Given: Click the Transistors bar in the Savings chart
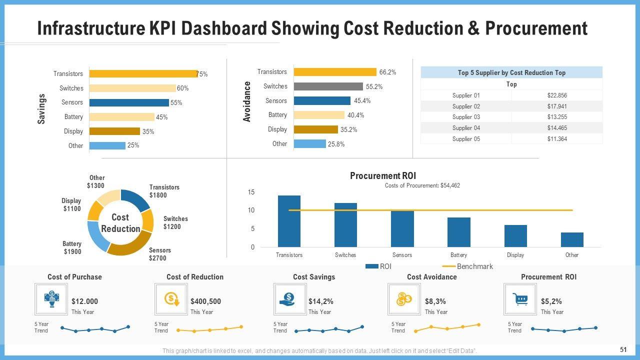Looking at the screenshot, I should pyautogui.click(x=143, y=73).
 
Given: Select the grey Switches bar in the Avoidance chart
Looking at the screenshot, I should pyautogui.click(x=328, y=86).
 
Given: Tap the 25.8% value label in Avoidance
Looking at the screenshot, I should pyautogui.click(x=336, y=144).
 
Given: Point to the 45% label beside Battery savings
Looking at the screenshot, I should pyautogui.click(x=161, y=117).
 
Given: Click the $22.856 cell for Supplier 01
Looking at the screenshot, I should pyautogui.click(x=557, y=95).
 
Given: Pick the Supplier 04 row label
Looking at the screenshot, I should pyautogui.click(x=466, y=128).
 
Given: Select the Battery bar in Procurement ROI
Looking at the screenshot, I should pyautogui.click(x=458, y=232).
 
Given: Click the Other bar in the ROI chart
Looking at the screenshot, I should pyautogui.click(x=572, y=239).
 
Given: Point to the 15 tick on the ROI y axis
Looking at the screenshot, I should pyautogui.click(x=251, y=192).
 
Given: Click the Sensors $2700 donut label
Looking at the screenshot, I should pyautogui.click(x=159, y=254).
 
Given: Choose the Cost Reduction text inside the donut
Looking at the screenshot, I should pyautogui.click(x=120, y=223).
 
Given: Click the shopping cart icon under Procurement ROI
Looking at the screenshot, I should pyautogui.click(x=520, y=299).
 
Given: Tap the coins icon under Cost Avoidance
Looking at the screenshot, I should pyautogui.click(x=404, y=299).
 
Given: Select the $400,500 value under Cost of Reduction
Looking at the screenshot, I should pyautogui.click(x=205, y=301).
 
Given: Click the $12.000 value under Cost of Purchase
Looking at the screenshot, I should pyautogui.click(x=84, y=301).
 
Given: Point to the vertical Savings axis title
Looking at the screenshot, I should pyautogui.click(x=41, y=109).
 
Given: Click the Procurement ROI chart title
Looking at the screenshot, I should pyautogui.click(x=383, y=176).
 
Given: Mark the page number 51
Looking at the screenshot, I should pyautogui.click(x=623, y=349).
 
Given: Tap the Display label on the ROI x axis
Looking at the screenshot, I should pyautogui.click(x=515, y=255).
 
